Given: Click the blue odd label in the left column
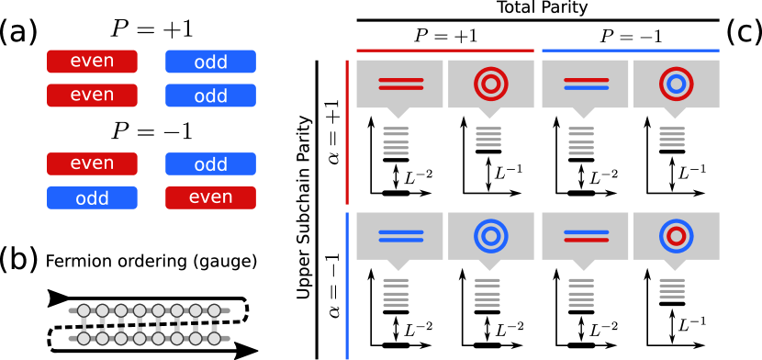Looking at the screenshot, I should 92,198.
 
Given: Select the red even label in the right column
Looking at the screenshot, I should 210,197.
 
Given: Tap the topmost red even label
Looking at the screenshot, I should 92,62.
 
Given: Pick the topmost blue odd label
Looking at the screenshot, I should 210,62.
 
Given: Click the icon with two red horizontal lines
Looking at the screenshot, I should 400,84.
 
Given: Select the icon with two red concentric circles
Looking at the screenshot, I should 491,84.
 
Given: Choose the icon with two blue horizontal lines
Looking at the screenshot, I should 400,236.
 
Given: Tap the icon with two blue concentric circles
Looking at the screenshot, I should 491,236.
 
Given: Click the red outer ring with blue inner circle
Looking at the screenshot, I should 677,84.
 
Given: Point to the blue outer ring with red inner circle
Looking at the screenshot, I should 677,236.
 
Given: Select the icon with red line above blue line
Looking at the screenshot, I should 586,84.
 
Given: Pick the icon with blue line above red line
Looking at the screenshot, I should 586,236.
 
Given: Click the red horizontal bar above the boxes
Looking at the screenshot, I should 444,51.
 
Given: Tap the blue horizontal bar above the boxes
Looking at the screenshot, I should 631,51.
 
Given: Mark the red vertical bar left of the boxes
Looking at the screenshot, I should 347,132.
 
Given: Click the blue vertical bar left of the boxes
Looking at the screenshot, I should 347,286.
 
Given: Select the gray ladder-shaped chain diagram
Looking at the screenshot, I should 149,324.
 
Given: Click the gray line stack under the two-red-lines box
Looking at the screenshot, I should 396,141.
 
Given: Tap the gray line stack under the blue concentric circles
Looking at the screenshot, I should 487,292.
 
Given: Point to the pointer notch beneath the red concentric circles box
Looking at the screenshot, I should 489,114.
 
